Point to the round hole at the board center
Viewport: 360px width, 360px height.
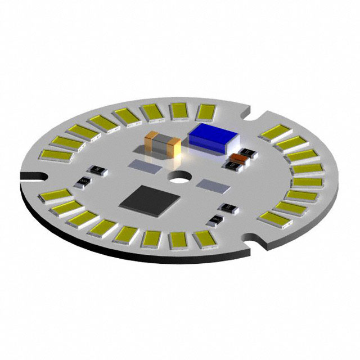(x=181, y=181)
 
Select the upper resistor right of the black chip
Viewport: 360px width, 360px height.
(x=229, y=208)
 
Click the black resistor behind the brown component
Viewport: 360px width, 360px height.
(x=245, y=152)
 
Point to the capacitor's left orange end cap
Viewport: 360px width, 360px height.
(x=151, y=142)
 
